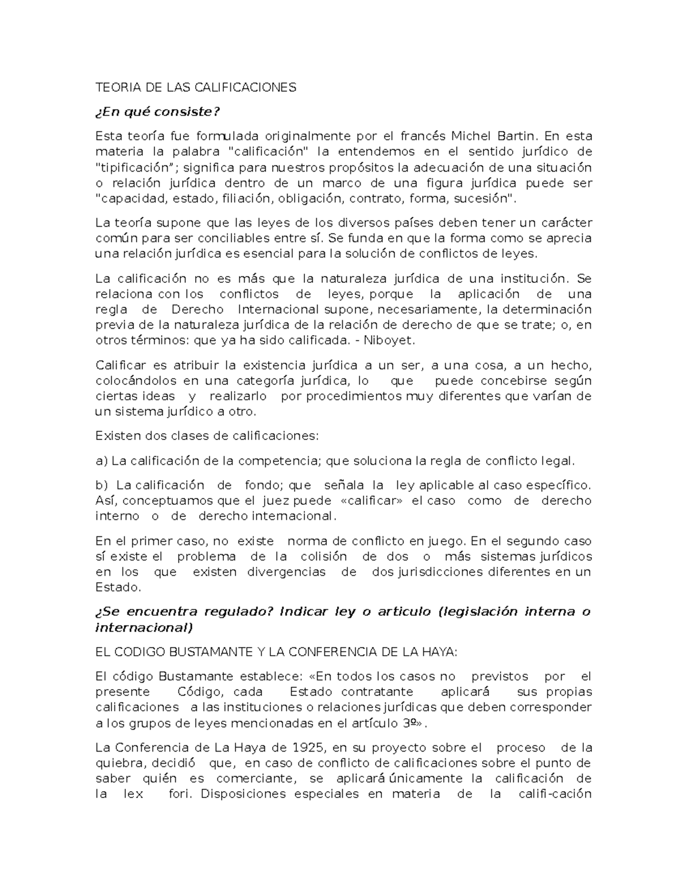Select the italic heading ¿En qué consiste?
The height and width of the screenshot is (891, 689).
(x=157, y=112)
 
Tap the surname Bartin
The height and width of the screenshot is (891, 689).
(x=518, y=136)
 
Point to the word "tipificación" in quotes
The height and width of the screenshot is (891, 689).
(x=134, y=168)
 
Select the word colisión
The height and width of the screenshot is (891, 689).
(x=323, y=557)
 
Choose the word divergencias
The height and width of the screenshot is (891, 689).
(x=286, y=572)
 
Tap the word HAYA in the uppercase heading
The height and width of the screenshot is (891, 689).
(x=440, y=652)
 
